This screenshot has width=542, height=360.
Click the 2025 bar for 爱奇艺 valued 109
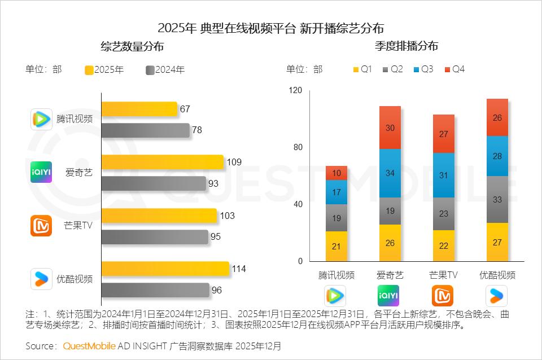[162, 163]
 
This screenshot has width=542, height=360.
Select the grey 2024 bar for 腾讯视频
[145, 130]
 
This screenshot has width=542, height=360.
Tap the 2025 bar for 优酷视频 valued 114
[165, 269]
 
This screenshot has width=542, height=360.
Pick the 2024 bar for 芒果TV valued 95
[155, 237]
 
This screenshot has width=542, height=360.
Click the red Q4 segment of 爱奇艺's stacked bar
[390, 128]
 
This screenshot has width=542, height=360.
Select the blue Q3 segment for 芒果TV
[443, 175]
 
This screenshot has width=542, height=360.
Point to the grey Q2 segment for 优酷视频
[497, 199]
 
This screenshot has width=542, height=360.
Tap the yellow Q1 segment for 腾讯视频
[336, 246]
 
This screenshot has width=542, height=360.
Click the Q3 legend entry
[423, 69]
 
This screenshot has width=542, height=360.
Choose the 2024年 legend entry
[165, 70]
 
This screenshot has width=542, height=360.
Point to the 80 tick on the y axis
[297, 147]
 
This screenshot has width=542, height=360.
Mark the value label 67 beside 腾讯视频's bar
[185, 109]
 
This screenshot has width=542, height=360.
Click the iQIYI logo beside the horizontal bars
[41, 172]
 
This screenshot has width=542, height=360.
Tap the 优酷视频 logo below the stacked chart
[497, 296]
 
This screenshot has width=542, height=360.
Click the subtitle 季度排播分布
[406, 46]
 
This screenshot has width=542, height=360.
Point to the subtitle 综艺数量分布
[132, 46]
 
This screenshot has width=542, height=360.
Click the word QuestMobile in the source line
[89, 345]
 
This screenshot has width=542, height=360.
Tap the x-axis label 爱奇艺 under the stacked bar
[390, 275]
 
